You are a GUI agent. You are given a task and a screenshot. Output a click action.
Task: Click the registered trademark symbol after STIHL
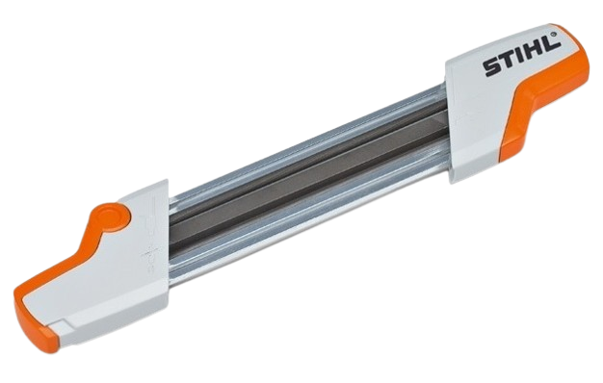(x=555, y=34)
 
